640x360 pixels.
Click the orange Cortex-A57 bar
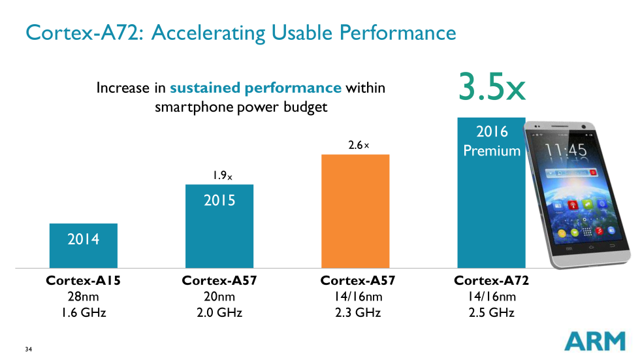click(x=355, y=211)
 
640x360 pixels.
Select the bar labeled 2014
click(x=84, y=246)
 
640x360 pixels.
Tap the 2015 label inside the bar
click(x=219, y=200)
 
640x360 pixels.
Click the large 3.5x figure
click(x=491, y=88)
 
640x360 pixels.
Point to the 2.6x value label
click(x=359, y=145)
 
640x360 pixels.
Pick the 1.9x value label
click(x=221, y=176)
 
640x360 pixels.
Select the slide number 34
click(x=28, y=349)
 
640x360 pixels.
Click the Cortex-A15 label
click(x=84, y=281)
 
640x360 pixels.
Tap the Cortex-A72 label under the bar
click(x=491, y=281)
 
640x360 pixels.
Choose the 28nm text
click(x=84, y=297)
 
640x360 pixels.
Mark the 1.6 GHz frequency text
click(x=84, y=312)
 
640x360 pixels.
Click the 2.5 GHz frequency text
click(x=491, y=312)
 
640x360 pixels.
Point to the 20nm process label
click(x=219, y=297)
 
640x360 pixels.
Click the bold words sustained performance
click(x=255, y=88)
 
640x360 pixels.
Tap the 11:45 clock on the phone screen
click(x=566, y=150)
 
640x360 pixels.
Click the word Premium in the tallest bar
click(x=492, y=151)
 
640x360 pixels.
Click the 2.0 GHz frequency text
click(x=219, y=312)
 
